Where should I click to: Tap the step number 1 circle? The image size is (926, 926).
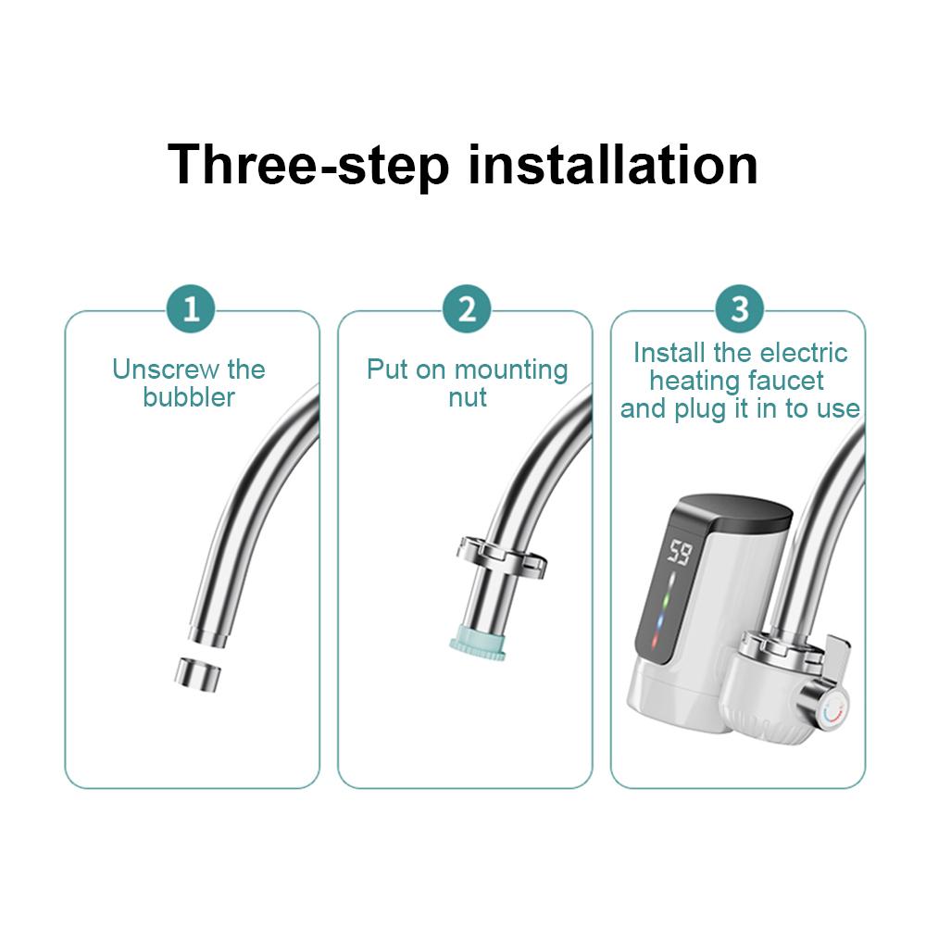(191, 308)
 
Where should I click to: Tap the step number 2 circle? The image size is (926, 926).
(467, 308)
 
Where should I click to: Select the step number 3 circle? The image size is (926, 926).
(739, 308)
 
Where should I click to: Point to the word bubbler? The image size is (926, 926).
(189, 397)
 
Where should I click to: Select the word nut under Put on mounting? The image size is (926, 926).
(468, 397)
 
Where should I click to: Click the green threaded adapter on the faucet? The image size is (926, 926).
(477, 646)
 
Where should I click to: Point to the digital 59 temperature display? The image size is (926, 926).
(679, 553)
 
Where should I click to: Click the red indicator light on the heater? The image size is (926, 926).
(657, 642)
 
